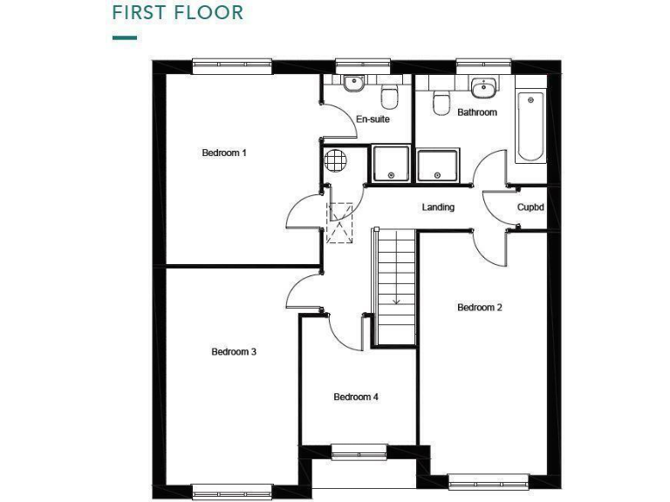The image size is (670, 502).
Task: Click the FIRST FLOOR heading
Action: point(178,13)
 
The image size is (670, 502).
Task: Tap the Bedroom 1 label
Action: point(224,153)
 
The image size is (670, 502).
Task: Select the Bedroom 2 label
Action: point(480,308)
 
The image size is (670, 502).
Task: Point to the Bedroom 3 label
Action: point(234,352)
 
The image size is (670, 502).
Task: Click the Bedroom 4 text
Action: point(356,397)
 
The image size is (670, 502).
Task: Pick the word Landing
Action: point(438,207)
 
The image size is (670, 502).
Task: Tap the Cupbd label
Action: point(531,207)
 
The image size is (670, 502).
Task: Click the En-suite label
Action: point(373,119)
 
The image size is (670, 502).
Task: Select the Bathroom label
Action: point(477,112)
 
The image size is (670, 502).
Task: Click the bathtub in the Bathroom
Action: point(530,126)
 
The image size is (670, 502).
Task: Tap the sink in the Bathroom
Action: point(482,87)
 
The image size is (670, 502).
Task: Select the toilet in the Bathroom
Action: point(441,102)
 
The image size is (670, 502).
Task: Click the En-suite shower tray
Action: point(391,165)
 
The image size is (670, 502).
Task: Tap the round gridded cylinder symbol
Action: point(335,160)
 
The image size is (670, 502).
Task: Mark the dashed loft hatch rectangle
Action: point(339,222)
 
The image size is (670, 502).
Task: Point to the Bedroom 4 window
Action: point(359,451)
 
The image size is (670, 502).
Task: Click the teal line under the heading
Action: point(125,37)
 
